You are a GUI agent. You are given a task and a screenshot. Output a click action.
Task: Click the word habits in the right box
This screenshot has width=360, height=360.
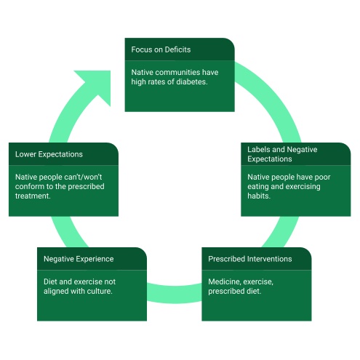(259, 196)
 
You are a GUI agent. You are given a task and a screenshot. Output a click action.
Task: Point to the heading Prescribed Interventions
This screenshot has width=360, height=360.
(249, 259)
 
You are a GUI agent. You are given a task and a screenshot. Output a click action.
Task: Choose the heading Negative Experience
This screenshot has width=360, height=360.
(78, 259)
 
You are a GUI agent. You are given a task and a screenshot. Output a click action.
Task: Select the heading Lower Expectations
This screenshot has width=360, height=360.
(49, 154)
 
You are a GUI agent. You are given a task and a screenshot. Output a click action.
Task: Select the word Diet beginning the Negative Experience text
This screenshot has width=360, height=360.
(51, 281)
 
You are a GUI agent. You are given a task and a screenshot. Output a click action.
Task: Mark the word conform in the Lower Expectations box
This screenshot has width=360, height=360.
(30, 186)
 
